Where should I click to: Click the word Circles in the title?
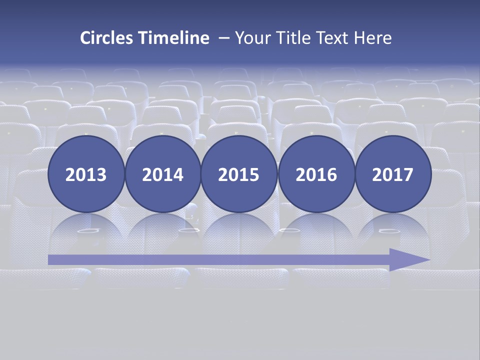tap(107, 38)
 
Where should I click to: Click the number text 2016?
tap(316, 175)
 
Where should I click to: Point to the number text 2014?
tap(162, 175)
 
